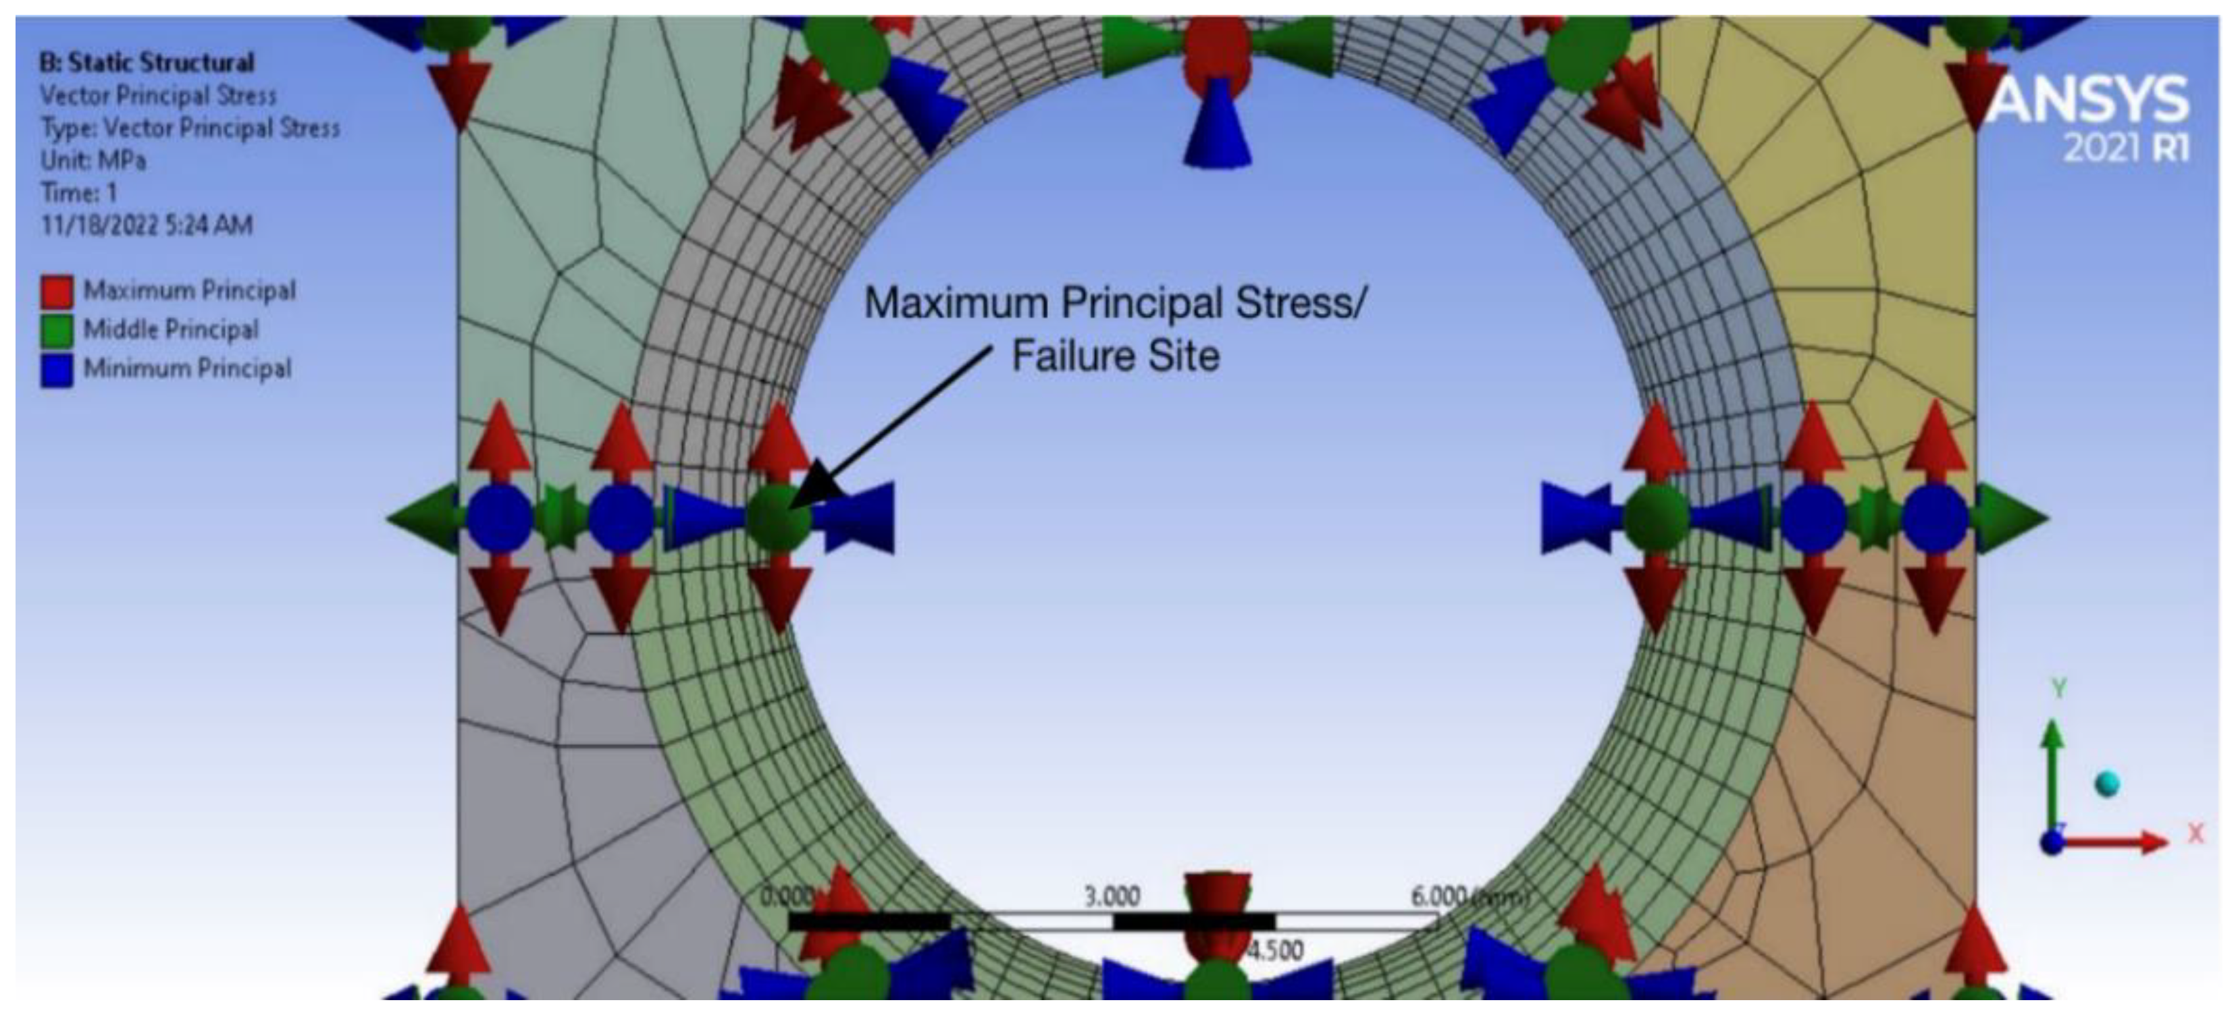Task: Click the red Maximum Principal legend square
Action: [x=57, y=292]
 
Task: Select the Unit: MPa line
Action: [x=93, y=161]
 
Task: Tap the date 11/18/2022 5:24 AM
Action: [x=146, y=225]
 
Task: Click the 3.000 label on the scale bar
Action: [x=1112, y=896]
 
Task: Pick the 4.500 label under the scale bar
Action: [x=1274, y=951]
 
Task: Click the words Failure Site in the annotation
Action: [x=1116, y=356]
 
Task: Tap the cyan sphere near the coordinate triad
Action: [x=2106, y=784]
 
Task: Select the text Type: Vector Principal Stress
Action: [x=190, y=128]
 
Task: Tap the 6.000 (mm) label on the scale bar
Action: [x=1466, y=896]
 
